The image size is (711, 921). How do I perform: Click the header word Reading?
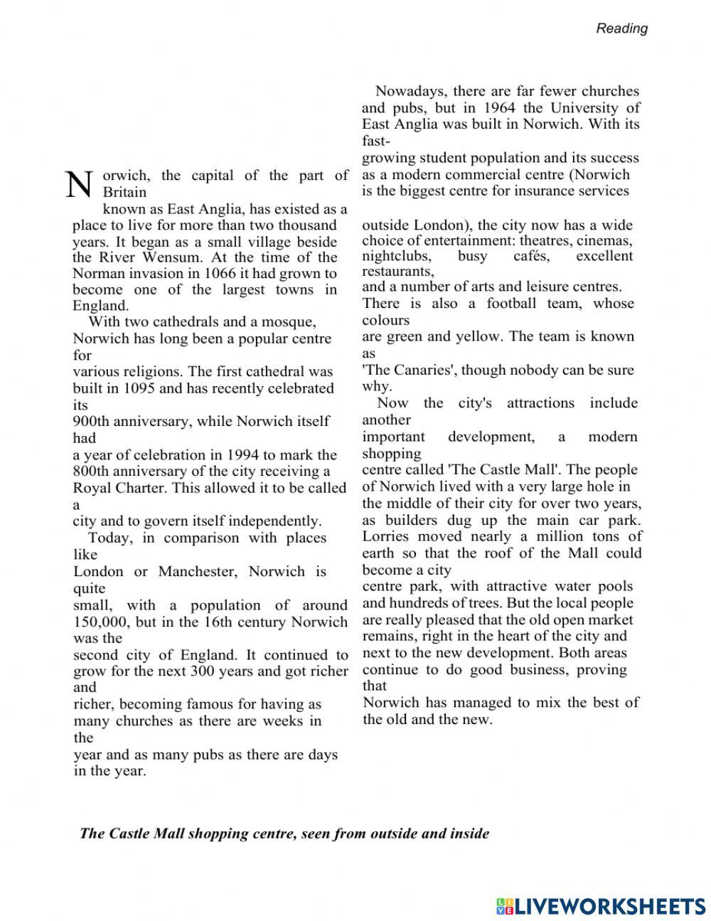[x=621, y=28]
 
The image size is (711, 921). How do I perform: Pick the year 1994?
[x=228, y=454]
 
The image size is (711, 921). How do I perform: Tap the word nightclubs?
[x=396, y=256]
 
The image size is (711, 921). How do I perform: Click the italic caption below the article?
[x=284, y=834]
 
